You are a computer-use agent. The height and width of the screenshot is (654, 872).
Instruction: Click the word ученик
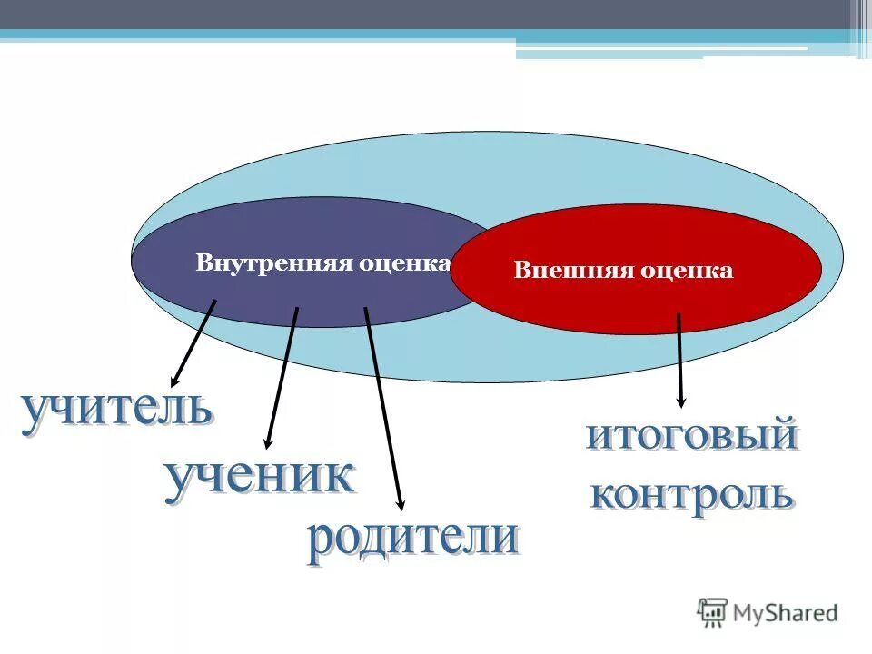(x=259, y=478)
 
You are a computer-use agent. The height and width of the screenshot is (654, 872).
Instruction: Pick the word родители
(x=412, y=538)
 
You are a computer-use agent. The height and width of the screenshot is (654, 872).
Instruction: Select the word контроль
(x=692, y=496)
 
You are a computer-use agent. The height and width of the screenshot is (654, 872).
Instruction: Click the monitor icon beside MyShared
(x=713, y=612)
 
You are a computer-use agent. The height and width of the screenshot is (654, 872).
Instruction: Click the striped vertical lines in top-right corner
(x=858, y=27)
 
